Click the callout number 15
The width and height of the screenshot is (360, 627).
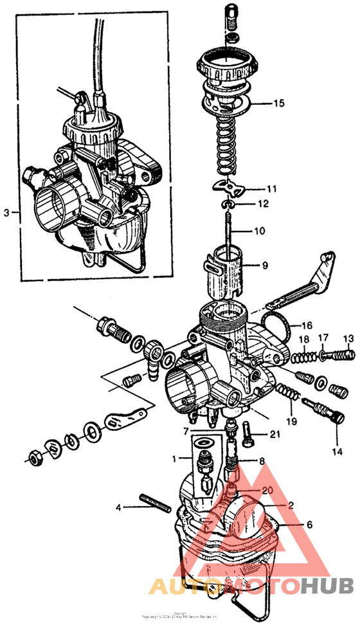(278, 103)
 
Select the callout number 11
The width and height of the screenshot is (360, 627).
(272, 190)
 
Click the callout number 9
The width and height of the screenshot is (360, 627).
(264, 264)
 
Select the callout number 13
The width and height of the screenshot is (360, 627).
(348, 339)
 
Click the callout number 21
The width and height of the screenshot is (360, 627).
(274, 435)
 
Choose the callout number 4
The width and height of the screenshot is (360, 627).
(118, 508)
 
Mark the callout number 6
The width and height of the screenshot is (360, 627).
(309, 525)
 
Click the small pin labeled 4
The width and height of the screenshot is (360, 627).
(154, 501)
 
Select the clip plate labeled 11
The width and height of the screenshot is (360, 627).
(231, 189)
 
